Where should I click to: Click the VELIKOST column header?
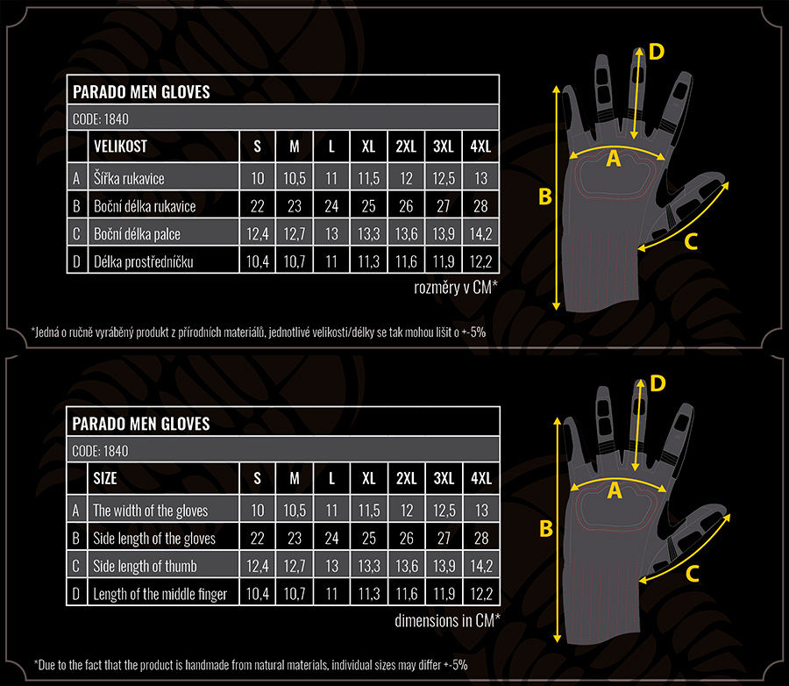point(120,146)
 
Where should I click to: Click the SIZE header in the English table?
point(105,479)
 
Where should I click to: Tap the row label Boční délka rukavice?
point(145,207)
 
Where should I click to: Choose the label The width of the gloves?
point(151,511)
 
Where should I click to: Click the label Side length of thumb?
point(145,566)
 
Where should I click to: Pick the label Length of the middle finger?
point(160,594)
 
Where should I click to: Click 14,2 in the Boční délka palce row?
point(480,234)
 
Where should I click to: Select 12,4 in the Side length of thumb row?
point(258,566)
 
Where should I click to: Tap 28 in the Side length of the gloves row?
point(480,538)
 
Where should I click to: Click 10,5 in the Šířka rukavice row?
point(295,179)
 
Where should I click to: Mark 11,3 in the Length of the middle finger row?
point(368,594)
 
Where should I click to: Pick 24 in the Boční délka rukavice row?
point(331,207)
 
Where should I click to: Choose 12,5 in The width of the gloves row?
point(444,511)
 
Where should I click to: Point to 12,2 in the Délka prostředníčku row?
point(480,261)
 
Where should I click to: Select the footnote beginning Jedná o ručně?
point(258,332)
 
